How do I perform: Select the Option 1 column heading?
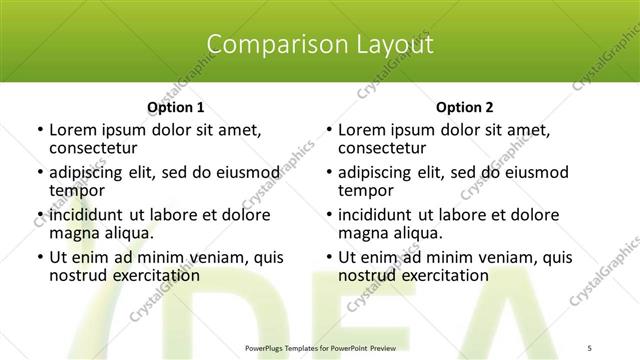click(x=176, y=107)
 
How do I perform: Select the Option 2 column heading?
click(x=465, y=107)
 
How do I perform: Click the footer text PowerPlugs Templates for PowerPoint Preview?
click(x=319, y=346)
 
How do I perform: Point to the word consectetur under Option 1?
click(x=93, y=147)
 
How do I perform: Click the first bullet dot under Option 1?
click(x=38, y=130)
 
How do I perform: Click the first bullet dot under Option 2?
click(x=328, y=130)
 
